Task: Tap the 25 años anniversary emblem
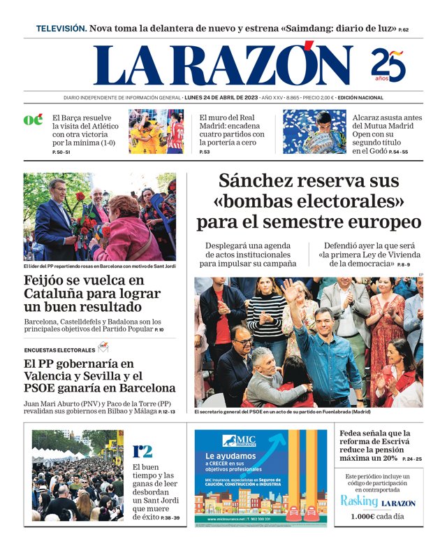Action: (387, 65)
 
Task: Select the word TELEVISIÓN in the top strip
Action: (61, 29)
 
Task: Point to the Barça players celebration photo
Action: (156, 131)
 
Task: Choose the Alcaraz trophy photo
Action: (314, 131)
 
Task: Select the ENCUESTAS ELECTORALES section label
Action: (59, 350)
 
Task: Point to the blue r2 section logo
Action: (142, 451)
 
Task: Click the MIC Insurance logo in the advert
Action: (239, 441)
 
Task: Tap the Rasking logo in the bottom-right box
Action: (359, 501)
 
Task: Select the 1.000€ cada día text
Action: (379, 516)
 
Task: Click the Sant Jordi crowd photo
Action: (78, 475)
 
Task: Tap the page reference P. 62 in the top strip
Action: (404, 30)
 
